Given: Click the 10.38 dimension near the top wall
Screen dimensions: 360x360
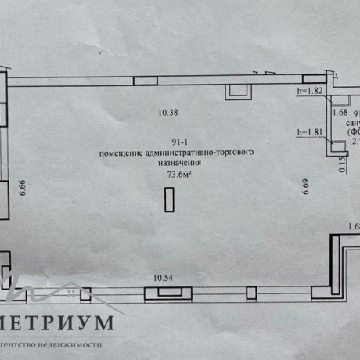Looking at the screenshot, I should (x=168, y=113).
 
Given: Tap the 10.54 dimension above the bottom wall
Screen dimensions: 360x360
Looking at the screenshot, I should (x=164, y=277).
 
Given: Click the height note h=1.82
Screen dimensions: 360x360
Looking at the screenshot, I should (x=311, y=91).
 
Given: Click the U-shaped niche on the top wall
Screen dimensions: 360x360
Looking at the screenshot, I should (x=236, y=92).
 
